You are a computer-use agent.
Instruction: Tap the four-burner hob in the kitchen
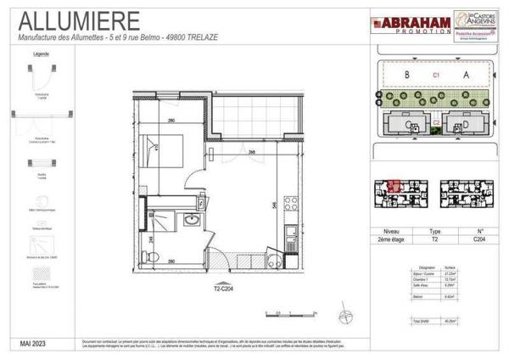[290, 205]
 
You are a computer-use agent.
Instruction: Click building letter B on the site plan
[407, 76]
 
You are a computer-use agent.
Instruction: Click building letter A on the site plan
[466, 76]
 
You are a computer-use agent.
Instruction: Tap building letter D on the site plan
[464, 126]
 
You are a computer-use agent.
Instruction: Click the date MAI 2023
[37, 341]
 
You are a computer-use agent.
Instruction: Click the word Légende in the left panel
[41, 53]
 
